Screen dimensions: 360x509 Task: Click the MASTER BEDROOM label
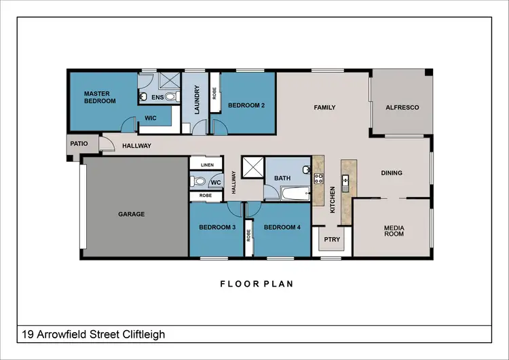pyautogui.click(x=100, y=97)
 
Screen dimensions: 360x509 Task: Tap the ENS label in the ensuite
pyautogui.click(x=157, y=98)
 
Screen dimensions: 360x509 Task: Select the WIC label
pyautogui.click(x=151, y=118)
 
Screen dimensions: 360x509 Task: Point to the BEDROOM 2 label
pyautogui.click(x=246, y=105)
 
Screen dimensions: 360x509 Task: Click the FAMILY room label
pyautogui.click(x=324, y=107)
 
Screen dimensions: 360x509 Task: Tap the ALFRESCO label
pyautogui.click(x=402, y=107)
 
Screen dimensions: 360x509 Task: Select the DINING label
pyautogui.click(x=392, y=173)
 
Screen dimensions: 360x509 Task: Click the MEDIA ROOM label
pyautogui.click(x=394, y=231)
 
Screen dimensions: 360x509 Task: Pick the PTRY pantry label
pyautogui.click(x=332, y=239)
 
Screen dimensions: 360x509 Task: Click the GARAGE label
pyautogui.click(x=132, y=214)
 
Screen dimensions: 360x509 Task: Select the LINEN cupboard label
pyautogui.click(x=206, y=164)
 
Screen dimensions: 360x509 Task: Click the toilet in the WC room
pyautogui.click(x=198, y=181)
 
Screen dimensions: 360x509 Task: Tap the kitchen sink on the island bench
pyautogui.click(x=346, y=181)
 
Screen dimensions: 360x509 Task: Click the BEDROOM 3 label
pyautogui.click(x=216, y=228)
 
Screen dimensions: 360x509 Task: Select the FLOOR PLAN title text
pyautogui.click(x=257, y=284)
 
